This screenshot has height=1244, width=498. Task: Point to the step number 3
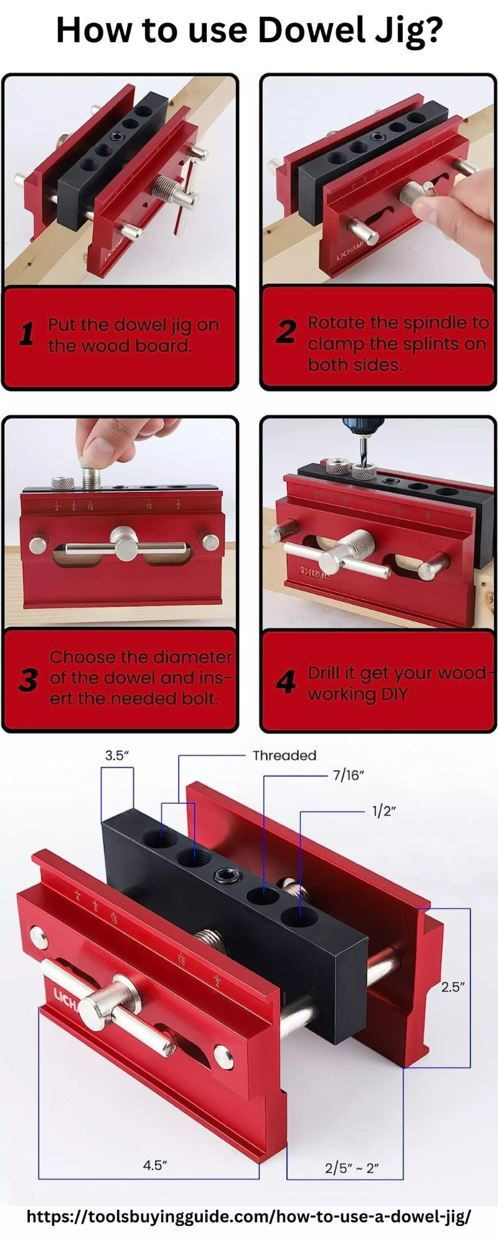pyautogui.click(x=28, y=680)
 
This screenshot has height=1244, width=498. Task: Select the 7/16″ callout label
pyautogui.click(x=348, y=775)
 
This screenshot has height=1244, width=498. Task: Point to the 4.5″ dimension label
pyautogui.click(x=155, y=1165)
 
